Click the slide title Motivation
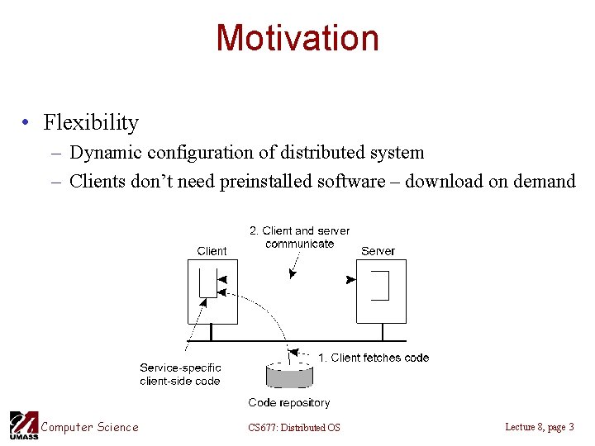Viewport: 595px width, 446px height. click(297, 38)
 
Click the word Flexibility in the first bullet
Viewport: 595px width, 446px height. click(91, 123)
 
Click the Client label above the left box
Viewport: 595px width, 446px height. click(212, 251)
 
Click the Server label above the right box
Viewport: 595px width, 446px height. click(378, 251)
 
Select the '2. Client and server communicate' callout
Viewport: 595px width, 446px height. click(299, 237)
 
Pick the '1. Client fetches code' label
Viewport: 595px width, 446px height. click(374, 358)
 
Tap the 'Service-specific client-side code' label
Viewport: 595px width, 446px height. click(180, 374)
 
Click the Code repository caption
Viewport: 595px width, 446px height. click(288, 403)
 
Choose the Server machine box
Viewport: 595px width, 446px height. click(380, 291)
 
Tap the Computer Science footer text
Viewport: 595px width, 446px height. click(90, 427)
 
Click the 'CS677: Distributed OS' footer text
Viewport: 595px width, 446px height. click(293, 427)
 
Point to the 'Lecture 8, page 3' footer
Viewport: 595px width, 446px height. click(539, 426)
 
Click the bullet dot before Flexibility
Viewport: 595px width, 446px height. click(28, 124)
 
